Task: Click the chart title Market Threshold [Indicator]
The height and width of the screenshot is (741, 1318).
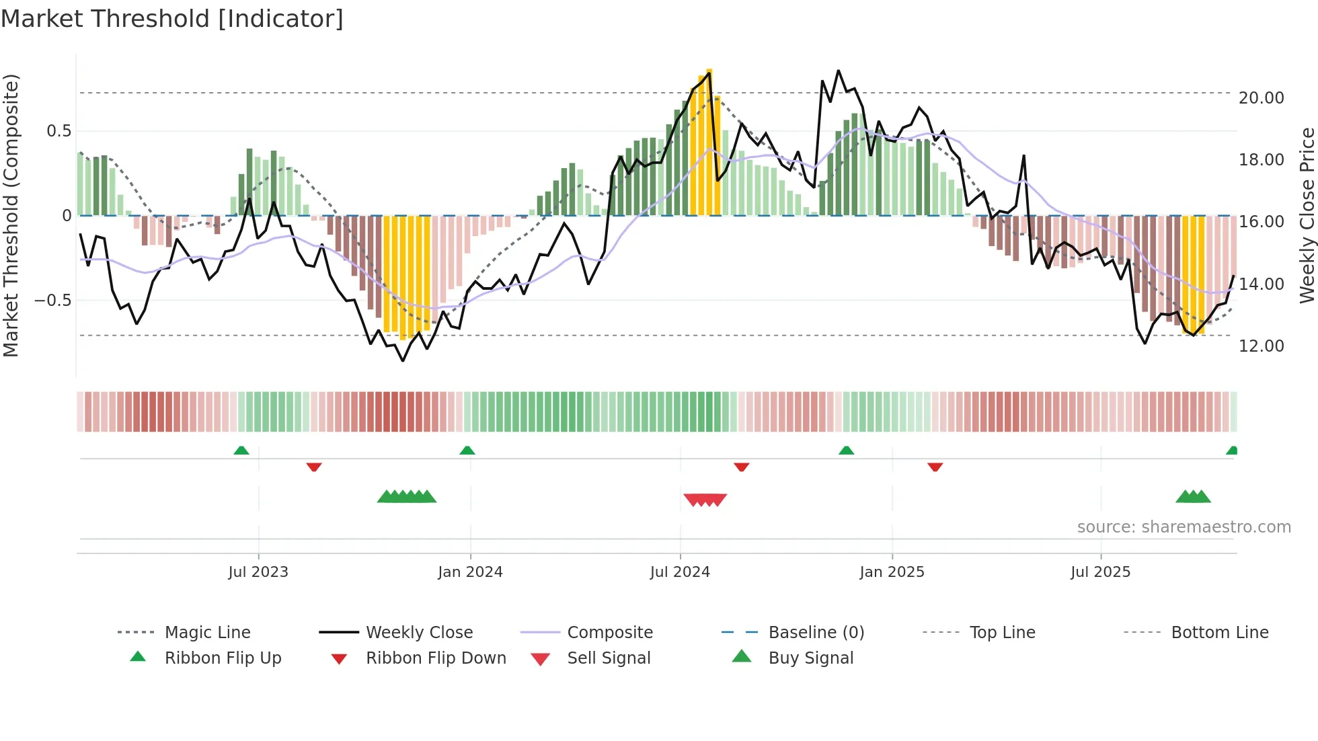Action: tap(172, 19)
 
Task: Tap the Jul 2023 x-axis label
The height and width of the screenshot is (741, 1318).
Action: tap(258, 572)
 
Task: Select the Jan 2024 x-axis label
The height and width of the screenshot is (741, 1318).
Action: tap(470, 572)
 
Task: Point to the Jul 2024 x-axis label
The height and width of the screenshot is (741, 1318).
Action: tap(680, 572)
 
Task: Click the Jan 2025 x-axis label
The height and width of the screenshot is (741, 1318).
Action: tap(892, 572)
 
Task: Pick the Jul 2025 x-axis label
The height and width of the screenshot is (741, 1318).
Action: tap(1100, 572)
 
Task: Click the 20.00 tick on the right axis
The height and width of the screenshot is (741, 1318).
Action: tap(1261, 98)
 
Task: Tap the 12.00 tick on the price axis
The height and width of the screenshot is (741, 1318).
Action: tap(1261, 346)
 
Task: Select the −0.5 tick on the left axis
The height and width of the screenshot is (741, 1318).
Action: tap(53, 301)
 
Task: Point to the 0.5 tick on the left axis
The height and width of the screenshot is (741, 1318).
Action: tap(59, 131)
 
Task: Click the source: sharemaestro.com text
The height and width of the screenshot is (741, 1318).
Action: tap(1184, 527)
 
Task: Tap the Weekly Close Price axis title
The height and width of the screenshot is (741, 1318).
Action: tap(1307, 215)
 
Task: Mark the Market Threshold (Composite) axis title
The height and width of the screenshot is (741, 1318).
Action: tap(11, 215)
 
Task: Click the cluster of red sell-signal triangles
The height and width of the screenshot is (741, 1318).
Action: tap(705, 500)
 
